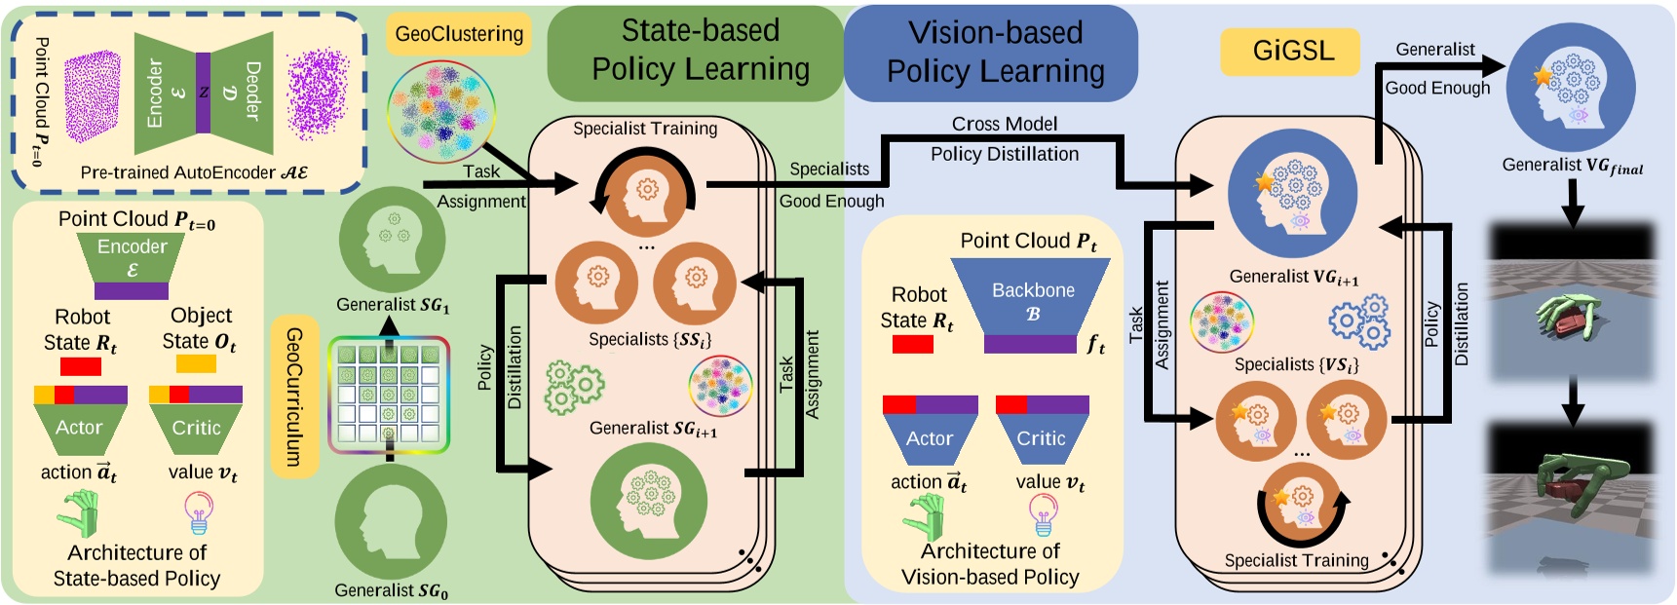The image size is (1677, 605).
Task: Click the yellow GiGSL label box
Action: (x=1289, y=51)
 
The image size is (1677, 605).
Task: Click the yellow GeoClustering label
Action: (x=459, y=34)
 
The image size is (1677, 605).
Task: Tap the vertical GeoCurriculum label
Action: (x=294, y=397)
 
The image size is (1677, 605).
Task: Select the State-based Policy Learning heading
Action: (x=699, y=51)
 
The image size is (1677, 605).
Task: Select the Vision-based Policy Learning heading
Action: (x=994, y=53)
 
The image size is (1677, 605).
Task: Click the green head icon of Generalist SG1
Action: (x=392, y=239)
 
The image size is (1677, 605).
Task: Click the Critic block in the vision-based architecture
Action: (x=1041, y=438)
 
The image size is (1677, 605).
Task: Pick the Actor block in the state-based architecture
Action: (x=79, y=428)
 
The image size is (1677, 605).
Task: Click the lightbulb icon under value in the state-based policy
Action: (x=199, y=512)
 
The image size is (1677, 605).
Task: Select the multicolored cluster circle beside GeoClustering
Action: (x=440, y=110)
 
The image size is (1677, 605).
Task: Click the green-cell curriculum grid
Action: (x=389, y=395)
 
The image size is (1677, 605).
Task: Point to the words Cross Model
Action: (x=1004, y=124)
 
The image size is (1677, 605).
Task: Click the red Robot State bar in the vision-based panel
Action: (x=912, y=344)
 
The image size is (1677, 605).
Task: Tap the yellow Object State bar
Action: (x=196, y=364)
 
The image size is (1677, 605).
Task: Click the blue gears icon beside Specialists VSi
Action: (x=1359, y=323)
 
